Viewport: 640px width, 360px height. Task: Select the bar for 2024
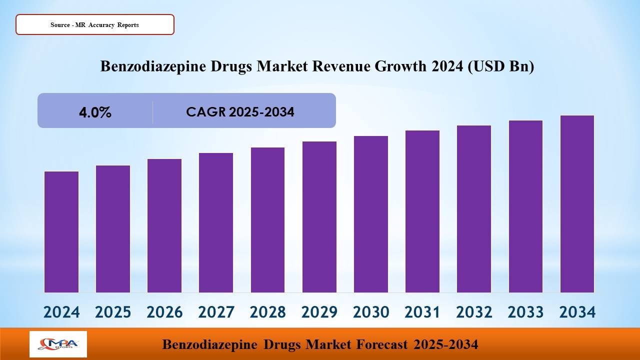click(x=61, y=232)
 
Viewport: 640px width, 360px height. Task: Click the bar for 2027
click(x=216, y=222)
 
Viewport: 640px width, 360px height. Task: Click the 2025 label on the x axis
click(x=113, y=312)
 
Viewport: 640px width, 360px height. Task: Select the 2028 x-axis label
click(x=267, y=312)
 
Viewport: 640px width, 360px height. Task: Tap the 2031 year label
click(x=422, y=312)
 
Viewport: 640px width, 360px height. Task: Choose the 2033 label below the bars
click(x=525, y=312)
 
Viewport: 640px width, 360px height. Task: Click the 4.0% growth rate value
click(x=95, y=112)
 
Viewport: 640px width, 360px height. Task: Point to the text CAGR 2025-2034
click(x=240, y=112)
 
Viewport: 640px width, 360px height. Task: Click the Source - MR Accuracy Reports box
click(x=95, y=24)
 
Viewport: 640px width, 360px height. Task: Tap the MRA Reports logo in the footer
click(x=58, y=344)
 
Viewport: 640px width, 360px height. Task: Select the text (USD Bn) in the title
click(x=500, y=66)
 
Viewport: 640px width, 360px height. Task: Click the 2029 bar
click(x=319, y=217)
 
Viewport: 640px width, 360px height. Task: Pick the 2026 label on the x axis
click(x=164, y=312)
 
